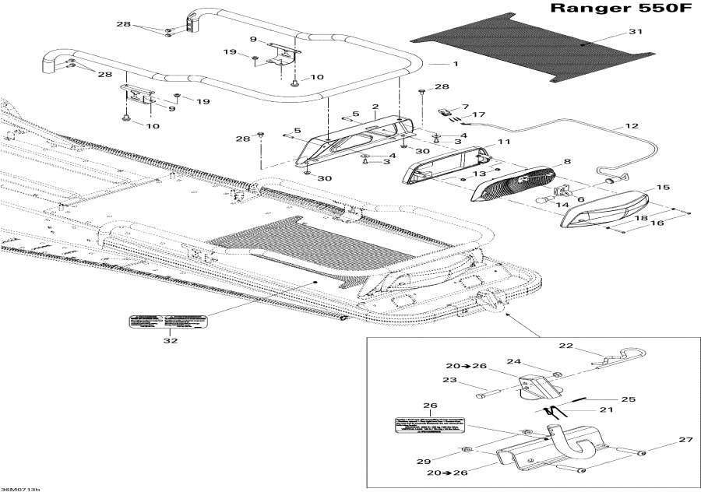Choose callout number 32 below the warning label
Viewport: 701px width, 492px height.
170,340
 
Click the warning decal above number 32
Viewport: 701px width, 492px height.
169,320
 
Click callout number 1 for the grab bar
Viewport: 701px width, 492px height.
456,62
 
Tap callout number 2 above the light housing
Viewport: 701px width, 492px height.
375,107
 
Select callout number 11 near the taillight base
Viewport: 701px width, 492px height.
504,142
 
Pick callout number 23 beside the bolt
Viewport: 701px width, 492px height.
448,381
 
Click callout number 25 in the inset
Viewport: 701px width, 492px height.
629,399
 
